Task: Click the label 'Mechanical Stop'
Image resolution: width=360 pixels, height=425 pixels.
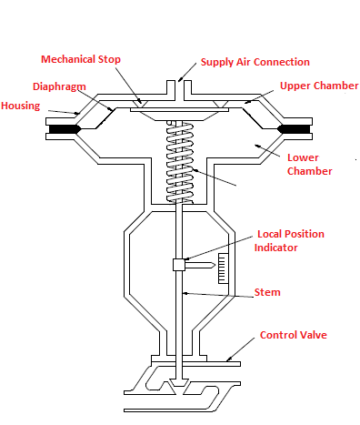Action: pyautogui.click(x=81, y=60)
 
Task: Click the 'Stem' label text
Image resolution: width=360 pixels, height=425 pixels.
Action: pyautogui.click(x=267, y=292)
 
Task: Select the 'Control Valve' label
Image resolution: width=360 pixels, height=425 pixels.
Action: pyautogui.click(x=293, y=335)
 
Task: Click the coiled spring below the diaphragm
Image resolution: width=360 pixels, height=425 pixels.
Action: pyautogui.click(x=182, y=159)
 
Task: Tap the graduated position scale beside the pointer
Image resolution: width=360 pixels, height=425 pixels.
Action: pyautogui.click(x=221, y=267)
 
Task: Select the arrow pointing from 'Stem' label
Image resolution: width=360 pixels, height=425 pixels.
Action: pyautogui.click(x=218, y=293)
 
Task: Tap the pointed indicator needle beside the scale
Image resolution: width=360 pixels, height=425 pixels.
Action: pyautogui.click(x=202, y=265)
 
